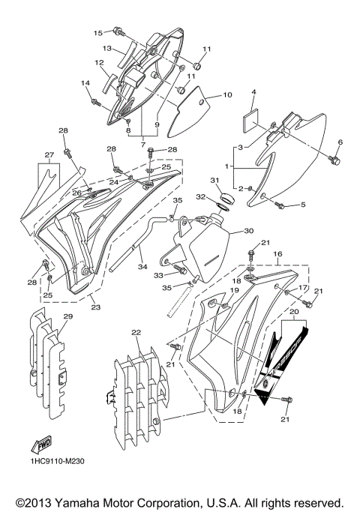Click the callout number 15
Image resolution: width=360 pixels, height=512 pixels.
97,33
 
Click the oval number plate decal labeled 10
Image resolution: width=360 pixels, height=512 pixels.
184,112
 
